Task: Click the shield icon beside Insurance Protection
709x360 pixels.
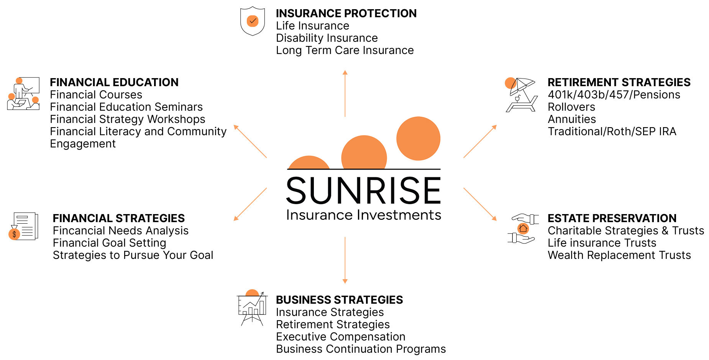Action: pos(252,21)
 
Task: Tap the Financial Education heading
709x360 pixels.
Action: pos(114,82)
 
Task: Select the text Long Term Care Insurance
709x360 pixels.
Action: pos(345,50)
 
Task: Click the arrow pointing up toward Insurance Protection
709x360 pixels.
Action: pos(345,93)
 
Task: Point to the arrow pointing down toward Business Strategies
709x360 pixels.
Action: pos(345,260)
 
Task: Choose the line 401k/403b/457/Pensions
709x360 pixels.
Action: pos(614,95)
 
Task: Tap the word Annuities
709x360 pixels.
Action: pos(572,119)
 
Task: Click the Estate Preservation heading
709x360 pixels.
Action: pos(612,218)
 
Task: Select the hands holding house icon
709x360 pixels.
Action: pos(523,229)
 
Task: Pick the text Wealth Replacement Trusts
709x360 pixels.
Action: pos(619,255)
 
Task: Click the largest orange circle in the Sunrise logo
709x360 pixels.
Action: pos(418,138)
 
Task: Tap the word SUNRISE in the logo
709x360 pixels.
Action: pos(364,190)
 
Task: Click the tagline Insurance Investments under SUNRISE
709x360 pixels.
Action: pos(364,215)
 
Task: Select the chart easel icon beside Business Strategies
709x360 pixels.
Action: pos(252,308)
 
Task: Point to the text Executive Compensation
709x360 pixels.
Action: pos(341,337)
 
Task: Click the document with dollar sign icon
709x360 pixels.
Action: pos(23,226)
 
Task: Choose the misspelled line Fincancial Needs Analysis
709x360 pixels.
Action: pos(121,231)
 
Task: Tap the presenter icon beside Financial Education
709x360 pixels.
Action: pos(23,94)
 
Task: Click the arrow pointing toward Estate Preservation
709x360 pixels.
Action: pos(480,204)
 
